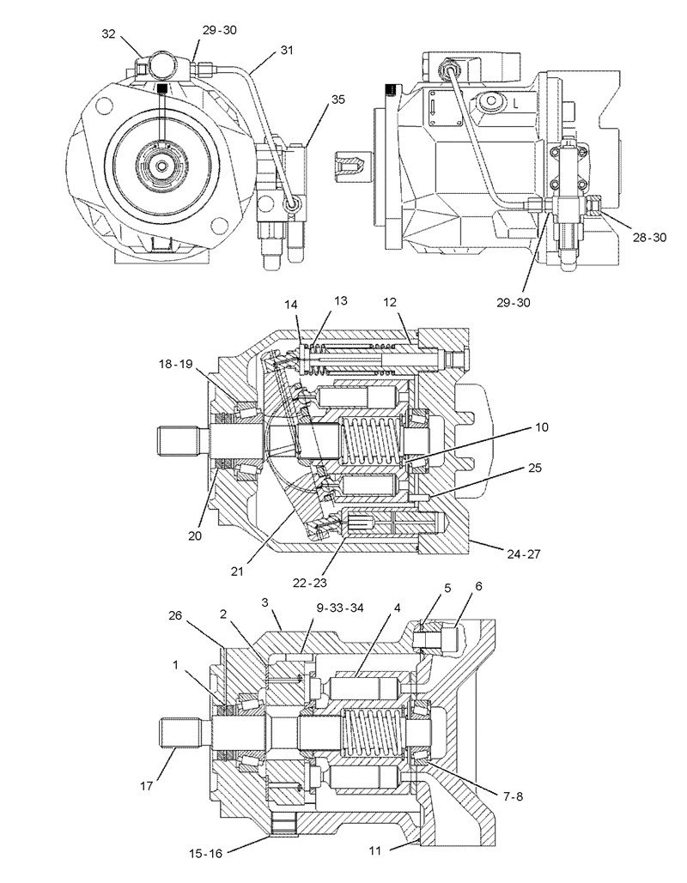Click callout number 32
click(x=107, y=34)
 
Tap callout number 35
click(x=337, y=100)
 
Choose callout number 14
click(x=291, y=305)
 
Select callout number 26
click(x=176, y=615)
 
